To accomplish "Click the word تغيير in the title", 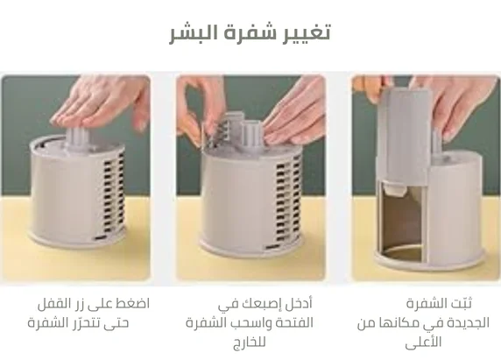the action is coord(307,32).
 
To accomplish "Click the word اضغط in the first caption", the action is coord(133,303).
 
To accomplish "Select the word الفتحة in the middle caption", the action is coord(293,322).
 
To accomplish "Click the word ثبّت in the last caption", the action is coord(461,303).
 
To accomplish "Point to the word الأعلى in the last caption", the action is coord(423,342).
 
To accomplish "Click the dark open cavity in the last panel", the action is coord(401,223).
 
